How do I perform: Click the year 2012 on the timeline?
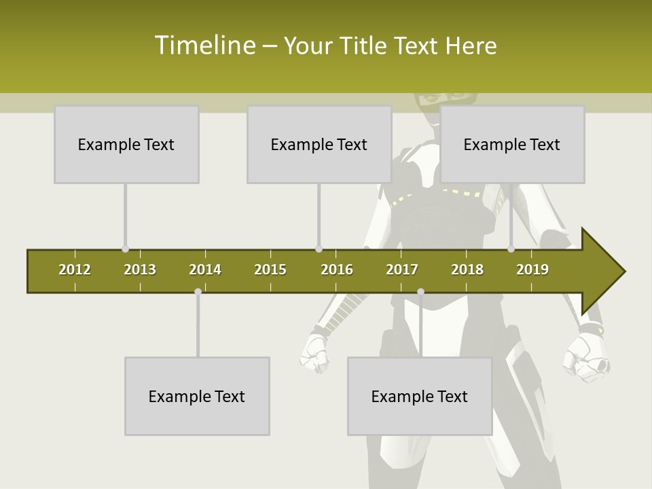(75, 270)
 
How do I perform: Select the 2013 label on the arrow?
(140, 270)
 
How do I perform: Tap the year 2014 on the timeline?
(205, 270)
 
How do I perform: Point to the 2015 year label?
(270, 270)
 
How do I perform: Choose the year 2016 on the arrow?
(337, 270)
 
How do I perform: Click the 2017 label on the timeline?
(402, 270)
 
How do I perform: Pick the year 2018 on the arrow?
(467, 270)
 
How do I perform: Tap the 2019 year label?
(532, 270)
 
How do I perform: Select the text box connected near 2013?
(126, 144)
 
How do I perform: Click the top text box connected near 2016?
(319, 144)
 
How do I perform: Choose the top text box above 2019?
(512, 144)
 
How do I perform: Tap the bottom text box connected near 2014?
(197, 396)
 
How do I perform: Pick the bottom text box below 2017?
(420, 396)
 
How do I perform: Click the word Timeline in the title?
(204, 46)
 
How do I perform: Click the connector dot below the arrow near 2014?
(198, 291)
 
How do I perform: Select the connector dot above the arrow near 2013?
(125, 249)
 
